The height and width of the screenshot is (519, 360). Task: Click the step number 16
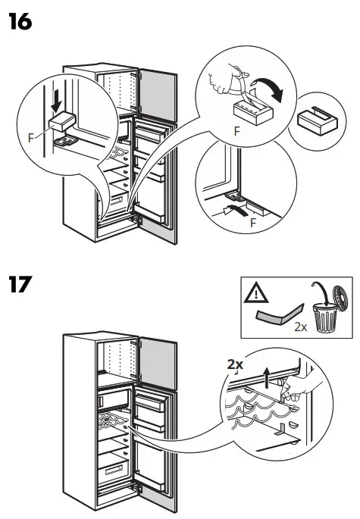tap(20, 23)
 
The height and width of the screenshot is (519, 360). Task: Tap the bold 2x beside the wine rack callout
tap(236, 364)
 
